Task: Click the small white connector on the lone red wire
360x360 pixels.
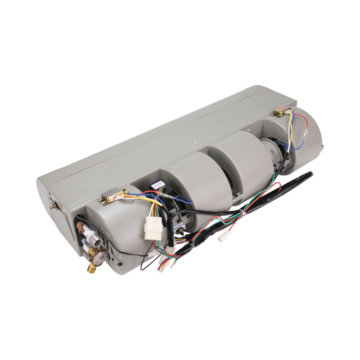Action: pos(222,237)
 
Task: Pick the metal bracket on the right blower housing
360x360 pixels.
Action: pos(282,112)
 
